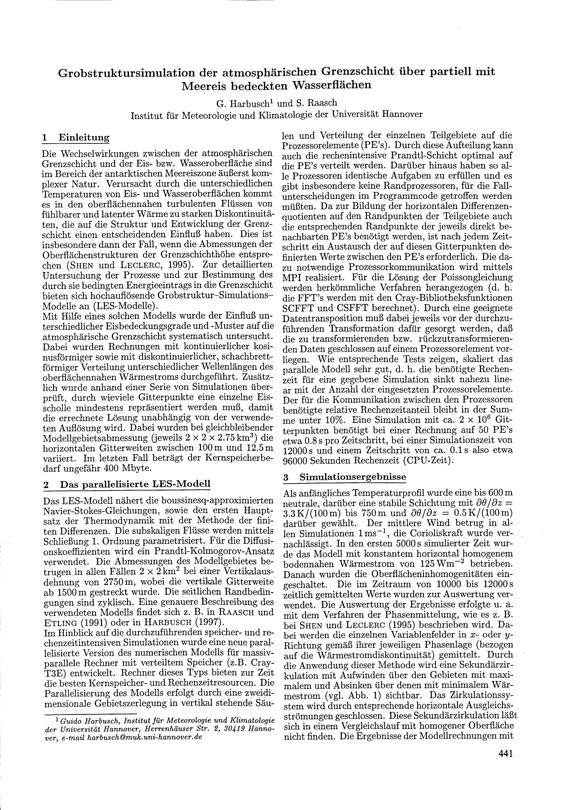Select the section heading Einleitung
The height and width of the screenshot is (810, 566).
(x=84, y=137)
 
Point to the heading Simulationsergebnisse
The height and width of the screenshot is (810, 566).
(x=353, y=477)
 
